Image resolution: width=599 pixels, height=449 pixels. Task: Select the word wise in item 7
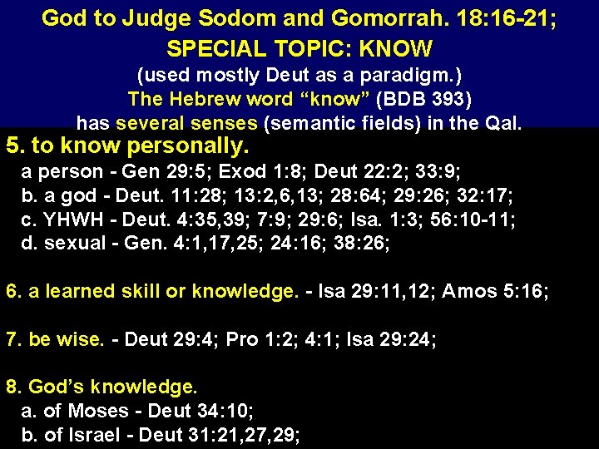point(81,339)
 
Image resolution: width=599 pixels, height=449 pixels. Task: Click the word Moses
point(98,411)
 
